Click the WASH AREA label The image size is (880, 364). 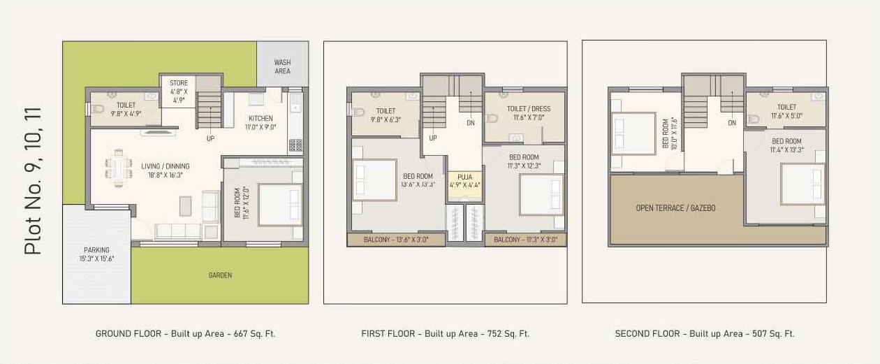click(282, 66)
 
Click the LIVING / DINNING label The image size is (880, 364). click(166, 170)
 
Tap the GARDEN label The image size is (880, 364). click(220, 275)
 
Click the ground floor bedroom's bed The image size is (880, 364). click(279, 204)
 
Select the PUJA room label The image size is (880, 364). click(464, 181)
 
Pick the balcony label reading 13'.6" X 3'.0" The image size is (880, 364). click(396, 240)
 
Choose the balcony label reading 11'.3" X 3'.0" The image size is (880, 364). click(525, 240)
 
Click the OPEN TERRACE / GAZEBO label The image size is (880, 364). click(675, 208)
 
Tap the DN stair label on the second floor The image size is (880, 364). click(732, 123)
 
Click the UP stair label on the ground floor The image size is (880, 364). click(210, 138)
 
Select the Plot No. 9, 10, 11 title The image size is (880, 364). click(33, 181)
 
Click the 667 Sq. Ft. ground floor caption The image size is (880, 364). click(185, 334)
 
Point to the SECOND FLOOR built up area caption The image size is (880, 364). click(704, 334)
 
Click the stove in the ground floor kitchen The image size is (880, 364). click(295, 145)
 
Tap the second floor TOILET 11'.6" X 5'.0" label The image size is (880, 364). click(786, 112)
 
